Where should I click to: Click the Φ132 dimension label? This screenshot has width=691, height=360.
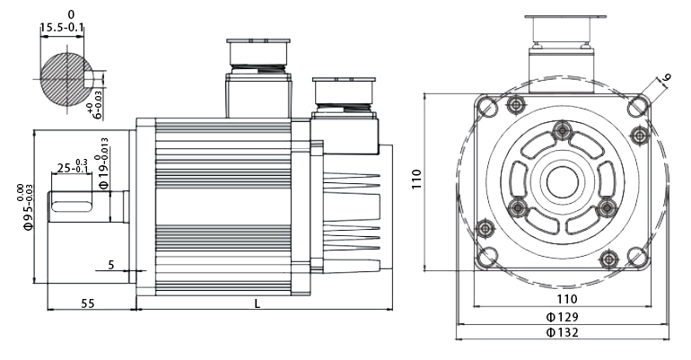[562, 332]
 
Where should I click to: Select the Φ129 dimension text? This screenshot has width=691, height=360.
[562, 317]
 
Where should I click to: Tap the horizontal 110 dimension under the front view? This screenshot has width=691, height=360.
[565, 298]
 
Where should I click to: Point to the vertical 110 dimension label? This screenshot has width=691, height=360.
[416, 180]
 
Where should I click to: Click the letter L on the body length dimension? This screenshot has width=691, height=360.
[258, 303]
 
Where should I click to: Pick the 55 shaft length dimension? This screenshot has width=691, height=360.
[88, 303]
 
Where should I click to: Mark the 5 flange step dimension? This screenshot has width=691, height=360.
[110, 265]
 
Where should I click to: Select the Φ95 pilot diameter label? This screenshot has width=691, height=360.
[27, 207]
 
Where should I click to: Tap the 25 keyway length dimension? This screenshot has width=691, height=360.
[72, 168]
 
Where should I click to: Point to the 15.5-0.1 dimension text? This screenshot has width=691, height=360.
[62, 29]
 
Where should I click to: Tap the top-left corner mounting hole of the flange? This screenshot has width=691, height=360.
[487, 107]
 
